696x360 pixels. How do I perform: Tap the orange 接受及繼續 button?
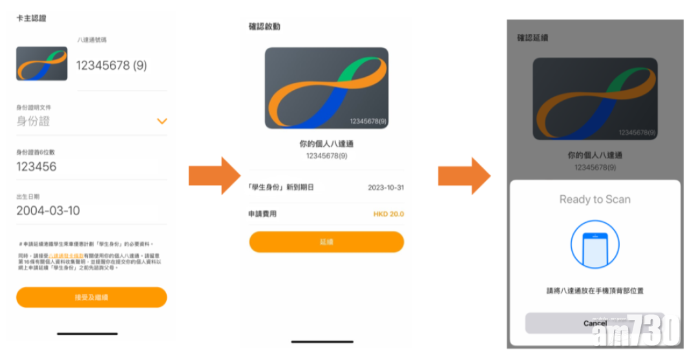pos(91,297)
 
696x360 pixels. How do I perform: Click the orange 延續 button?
pos(326,242)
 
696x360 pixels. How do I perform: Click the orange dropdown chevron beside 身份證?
pos(162,121)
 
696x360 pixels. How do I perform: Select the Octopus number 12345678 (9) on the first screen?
pos(112,65)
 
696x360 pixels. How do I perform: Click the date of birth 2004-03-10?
pos(48,211)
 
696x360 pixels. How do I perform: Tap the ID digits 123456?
pos(36,167)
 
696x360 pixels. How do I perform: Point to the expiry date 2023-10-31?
pos(386,187)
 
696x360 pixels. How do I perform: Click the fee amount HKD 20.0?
pos(388,214)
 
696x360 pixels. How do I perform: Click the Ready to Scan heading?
pos(595,199)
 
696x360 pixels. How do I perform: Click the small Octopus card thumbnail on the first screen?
pos(42,63)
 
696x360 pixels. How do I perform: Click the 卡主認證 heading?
pos(31,18)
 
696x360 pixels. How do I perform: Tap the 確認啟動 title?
pos(264,26)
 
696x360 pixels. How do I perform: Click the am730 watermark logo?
pos(637,330)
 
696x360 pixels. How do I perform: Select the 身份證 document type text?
pos(33,121)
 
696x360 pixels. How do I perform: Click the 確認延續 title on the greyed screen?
pos(533,38)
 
